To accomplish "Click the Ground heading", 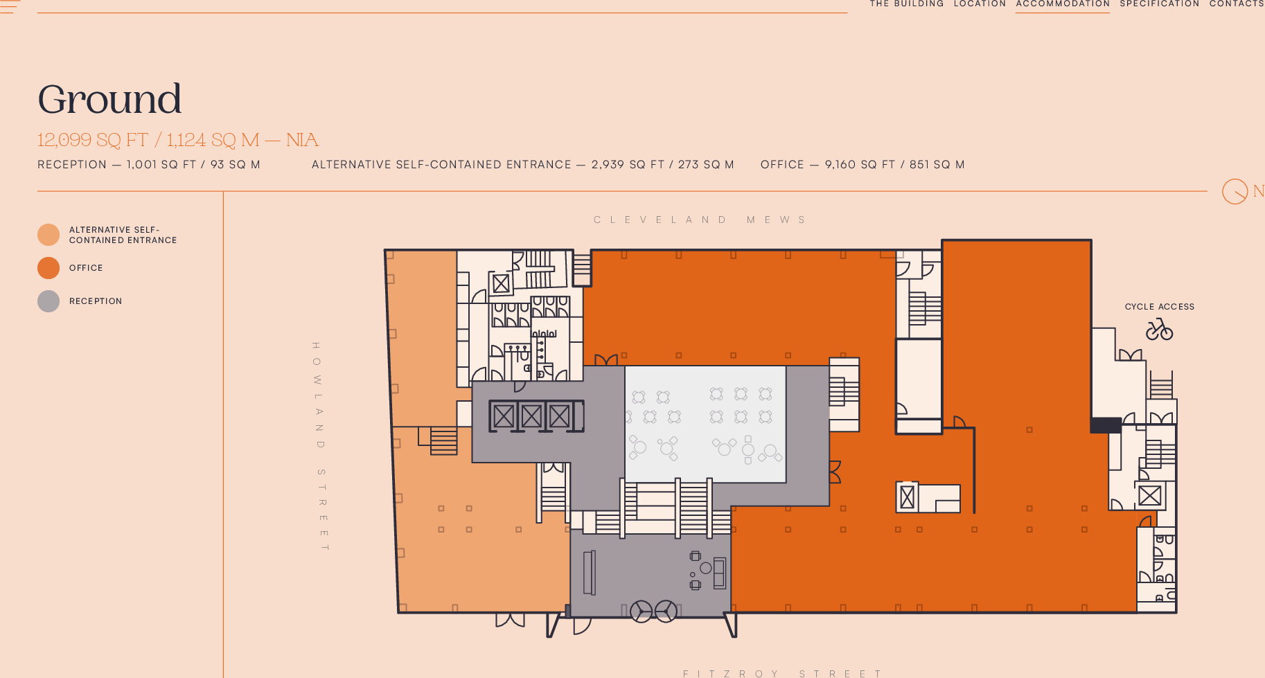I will (x=109, y=99).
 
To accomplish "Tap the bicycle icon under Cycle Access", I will (x=1159, y=330).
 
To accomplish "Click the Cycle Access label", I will (x=1159, y=307).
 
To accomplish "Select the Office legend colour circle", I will (x=48, y=268).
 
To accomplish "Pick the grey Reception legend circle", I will (x=48, y=301).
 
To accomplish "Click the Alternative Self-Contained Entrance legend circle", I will (x=48, y=235).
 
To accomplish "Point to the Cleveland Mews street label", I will (x=700, y=220).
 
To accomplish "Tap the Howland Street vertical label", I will (x=319, y=447).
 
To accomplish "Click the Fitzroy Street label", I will (x=782, y=673).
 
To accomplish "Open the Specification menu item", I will (x=1159, y=4).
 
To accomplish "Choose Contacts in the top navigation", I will (x=1237, y=4).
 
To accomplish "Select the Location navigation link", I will (x=980, y=4).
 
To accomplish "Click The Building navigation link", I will (x=906, y=4).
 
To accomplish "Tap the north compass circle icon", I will (x=1235, y=191).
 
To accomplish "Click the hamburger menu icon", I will (x=10, y=6).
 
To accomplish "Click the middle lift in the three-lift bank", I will (x=531, y=416).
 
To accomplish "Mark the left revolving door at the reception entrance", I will (x=641, y=611).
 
